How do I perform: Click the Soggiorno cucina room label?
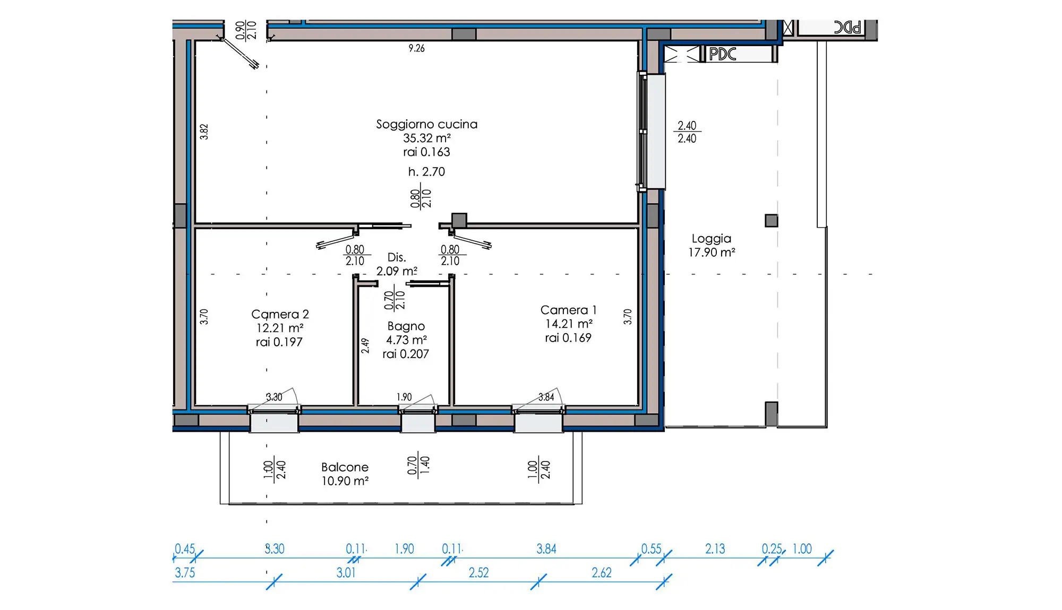427,124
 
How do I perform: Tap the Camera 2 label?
280,314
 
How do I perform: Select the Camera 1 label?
568,310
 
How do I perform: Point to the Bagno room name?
406,326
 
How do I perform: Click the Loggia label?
712,239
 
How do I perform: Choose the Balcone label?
345,467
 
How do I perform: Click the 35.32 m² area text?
427,138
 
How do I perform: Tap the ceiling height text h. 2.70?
426,171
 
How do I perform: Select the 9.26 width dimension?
417,48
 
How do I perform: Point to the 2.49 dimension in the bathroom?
365,346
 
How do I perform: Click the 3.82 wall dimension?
204,132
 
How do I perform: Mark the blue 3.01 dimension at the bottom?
346,572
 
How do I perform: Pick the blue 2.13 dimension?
715,548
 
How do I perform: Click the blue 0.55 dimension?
652,548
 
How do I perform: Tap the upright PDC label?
723,54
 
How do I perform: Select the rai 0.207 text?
406,354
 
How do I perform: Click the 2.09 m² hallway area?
397,271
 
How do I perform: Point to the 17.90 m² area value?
712,252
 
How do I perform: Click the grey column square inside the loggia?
772,221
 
